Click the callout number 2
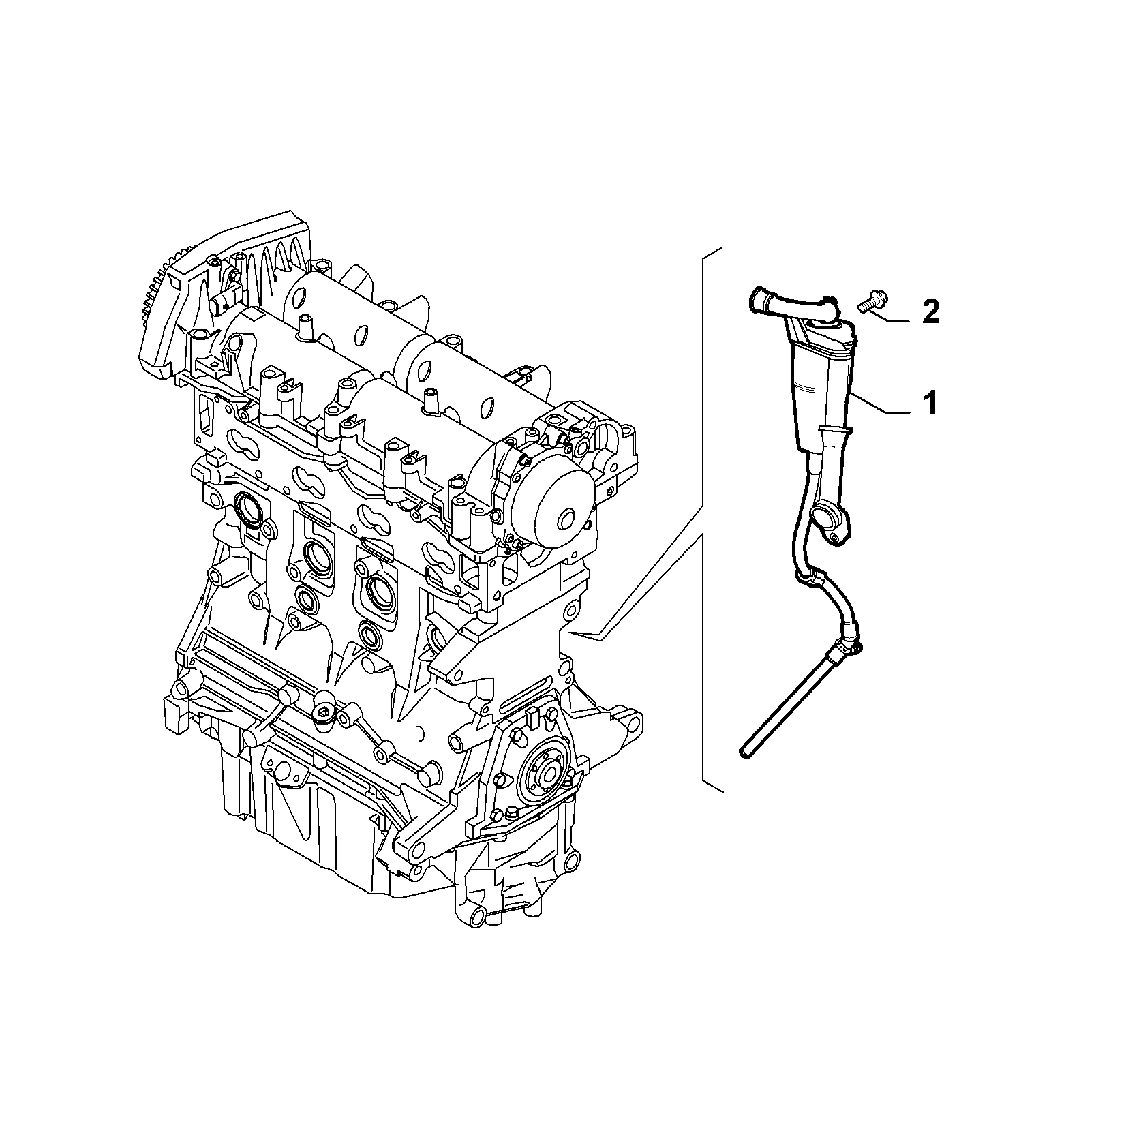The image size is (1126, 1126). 930,313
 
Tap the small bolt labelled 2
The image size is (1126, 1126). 869,302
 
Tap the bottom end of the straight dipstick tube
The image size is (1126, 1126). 744,752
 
